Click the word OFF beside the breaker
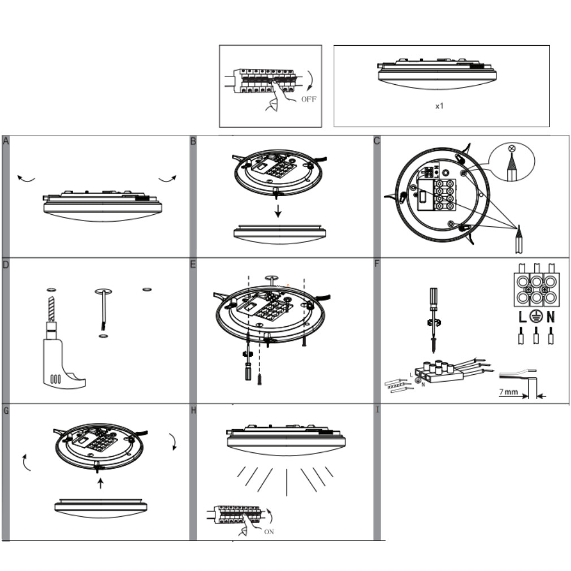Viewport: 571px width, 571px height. pos(309,99)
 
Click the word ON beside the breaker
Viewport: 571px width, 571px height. pos(269,531)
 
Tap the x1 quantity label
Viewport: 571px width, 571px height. pos(439,106)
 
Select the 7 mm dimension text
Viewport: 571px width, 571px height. pos(508,392)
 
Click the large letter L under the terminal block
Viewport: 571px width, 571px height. pos(522,317)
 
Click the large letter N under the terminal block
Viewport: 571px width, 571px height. pos(551,317)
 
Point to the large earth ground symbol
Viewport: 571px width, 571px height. pos(536,317)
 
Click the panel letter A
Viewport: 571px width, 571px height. pos(6,141)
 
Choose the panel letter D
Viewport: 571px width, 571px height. pos(6,265)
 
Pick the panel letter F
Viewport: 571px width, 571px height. pos(377,263)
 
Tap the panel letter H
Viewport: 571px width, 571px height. pos(193,410)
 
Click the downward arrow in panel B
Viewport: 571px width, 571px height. pos(278,211)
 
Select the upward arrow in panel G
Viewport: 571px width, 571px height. pos(101,483)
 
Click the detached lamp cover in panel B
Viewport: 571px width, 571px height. pos(280,235)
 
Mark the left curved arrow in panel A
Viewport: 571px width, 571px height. pos(26,179)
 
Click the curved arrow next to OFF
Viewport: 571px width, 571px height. pos(310,80)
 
